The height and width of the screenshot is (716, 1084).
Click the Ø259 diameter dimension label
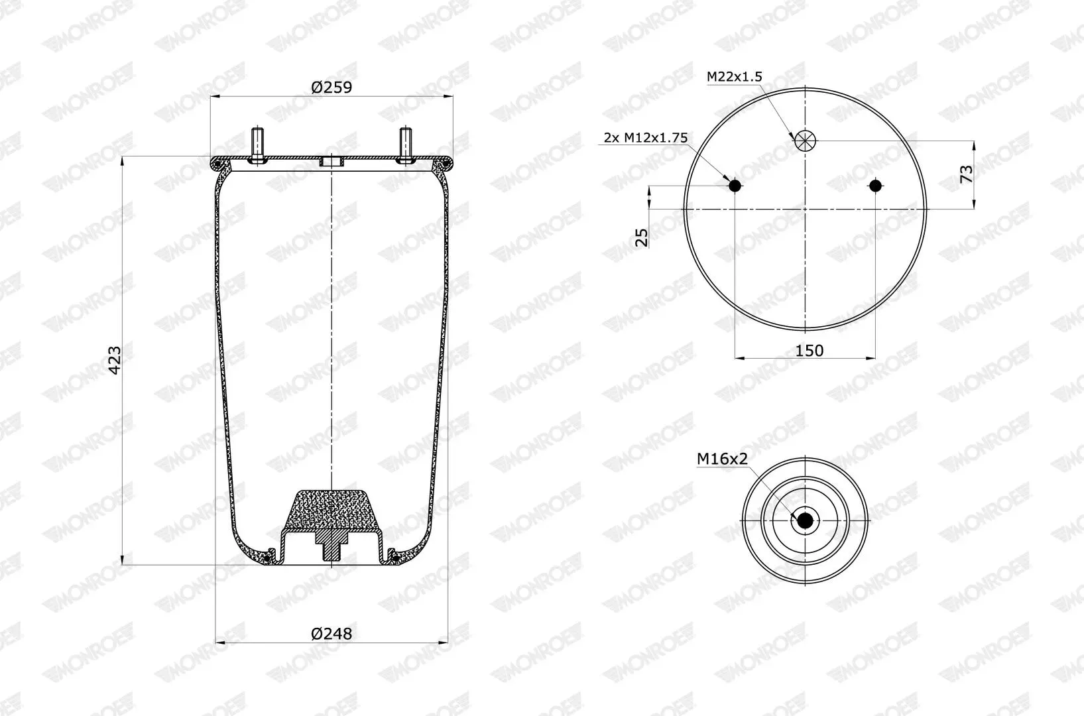coord(331,88)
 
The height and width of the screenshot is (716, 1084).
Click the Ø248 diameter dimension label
coord(331,633)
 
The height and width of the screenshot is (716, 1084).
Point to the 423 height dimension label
coord(114,360)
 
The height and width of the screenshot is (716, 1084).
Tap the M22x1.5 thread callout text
coord(734,76)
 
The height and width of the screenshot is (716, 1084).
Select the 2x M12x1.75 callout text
coord(646,138)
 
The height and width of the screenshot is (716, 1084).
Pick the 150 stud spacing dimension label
coord(809,350)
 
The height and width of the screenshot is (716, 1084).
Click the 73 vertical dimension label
coord(966,174)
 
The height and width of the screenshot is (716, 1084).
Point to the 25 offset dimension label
coord(641,237)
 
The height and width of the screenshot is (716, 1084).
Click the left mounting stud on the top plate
coord(257,144)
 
